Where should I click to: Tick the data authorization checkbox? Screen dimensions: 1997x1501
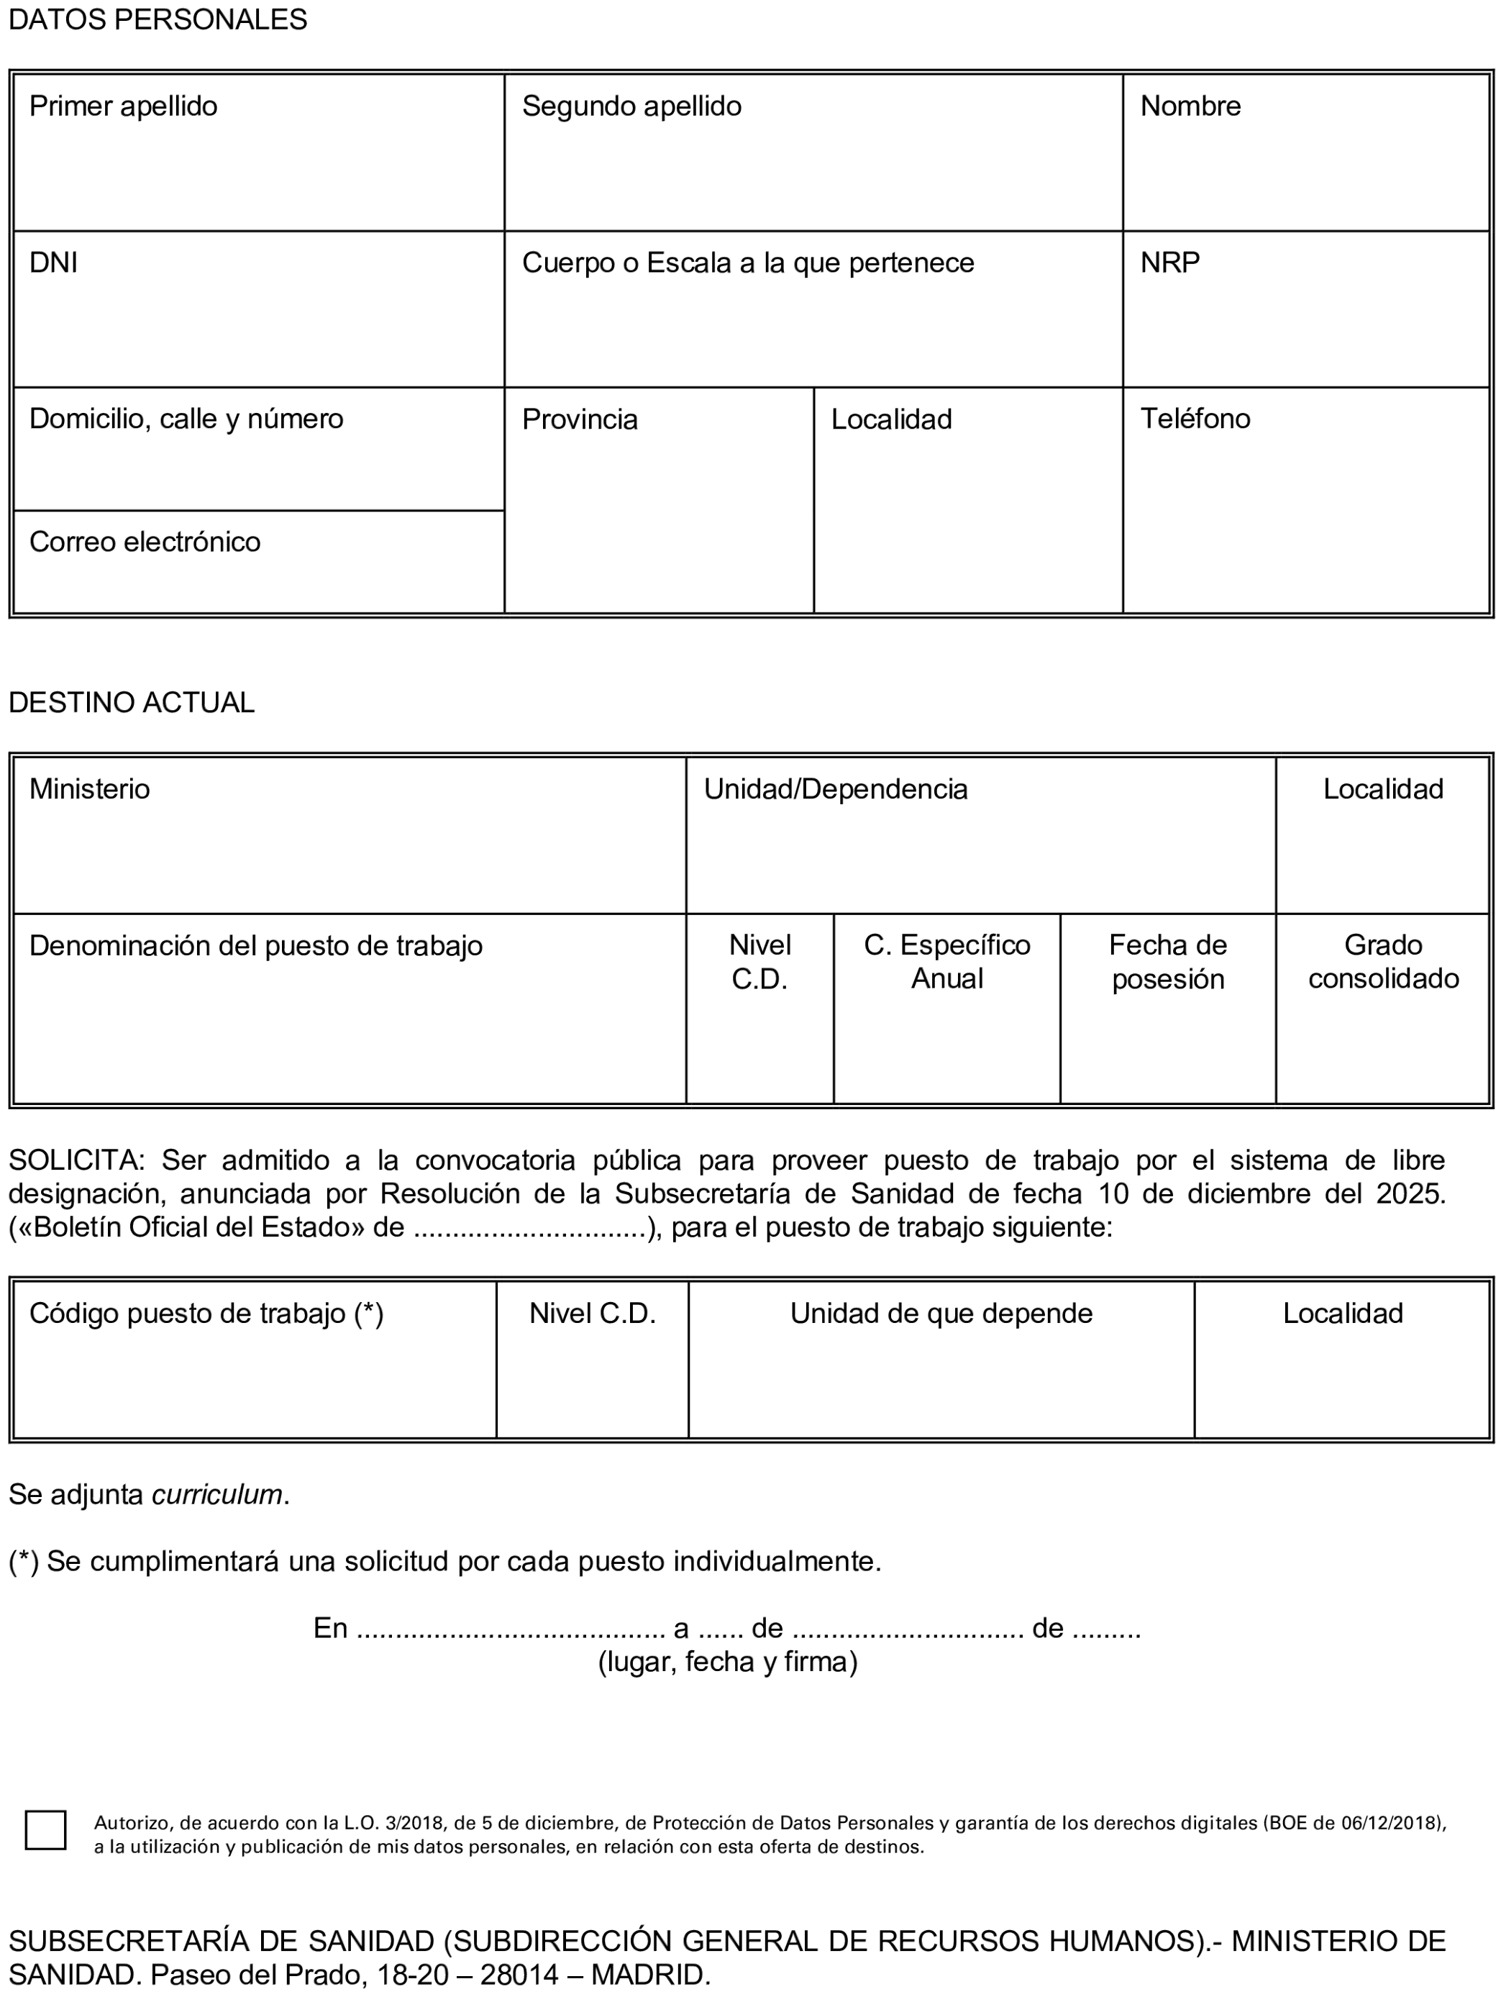[45, 1829]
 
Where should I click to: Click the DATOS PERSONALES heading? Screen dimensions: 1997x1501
[158, 20]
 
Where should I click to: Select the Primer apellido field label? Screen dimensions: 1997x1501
[124, 106]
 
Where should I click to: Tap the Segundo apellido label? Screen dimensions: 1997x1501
[631, 106]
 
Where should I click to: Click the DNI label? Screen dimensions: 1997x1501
[53, 263]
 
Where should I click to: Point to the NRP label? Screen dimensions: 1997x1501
[1169, 263]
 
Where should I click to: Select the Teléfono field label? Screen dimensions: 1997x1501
[1195, 419]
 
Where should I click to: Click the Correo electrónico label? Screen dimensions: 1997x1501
[145, 542]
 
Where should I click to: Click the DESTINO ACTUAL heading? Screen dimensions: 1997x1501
[132, 702]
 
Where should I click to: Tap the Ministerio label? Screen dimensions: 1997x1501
[89, 789]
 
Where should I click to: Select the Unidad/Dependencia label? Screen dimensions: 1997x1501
[835, 789]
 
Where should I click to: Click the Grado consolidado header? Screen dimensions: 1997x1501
[1383, 962]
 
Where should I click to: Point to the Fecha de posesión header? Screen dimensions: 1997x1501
[1167, 962]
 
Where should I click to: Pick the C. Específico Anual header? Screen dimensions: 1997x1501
[946, 962]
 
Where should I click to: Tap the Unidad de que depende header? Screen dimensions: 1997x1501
[941, 1313]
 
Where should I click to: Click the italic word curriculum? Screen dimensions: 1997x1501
[217, 1494]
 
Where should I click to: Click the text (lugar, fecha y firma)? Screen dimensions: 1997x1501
[727, 1661]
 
